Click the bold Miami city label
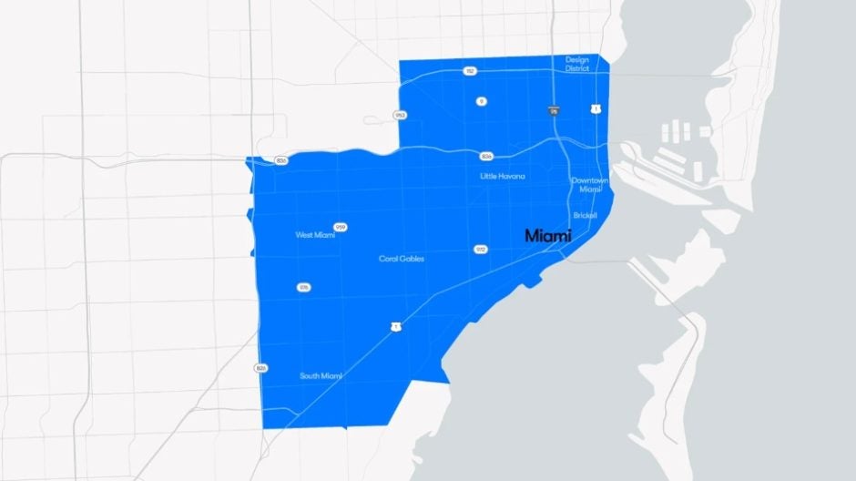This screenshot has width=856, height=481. coord(548,236)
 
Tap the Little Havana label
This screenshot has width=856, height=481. coord(503,176)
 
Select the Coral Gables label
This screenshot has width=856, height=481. coord(402,259)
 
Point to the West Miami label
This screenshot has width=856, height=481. coord(315,235)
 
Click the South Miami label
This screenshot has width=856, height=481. coord(321,375)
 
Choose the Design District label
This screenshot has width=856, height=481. coord(577,64)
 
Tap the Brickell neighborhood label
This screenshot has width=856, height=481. coord(586,216)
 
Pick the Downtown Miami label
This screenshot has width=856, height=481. coord(588,185)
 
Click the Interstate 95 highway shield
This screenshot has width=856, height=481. coord(554,110)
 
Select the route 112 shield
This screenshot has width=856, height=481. coord(470,70)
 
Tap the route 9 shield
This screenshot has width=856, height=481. coord(481,101)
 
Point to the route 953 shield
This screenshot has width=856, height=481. coord(400,115)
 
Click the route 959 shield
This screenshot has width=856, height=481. coord(341,227)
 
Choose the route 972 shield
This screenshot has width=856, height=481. coord(481,249)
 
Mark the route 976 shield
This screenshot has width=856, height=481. coord(303,287)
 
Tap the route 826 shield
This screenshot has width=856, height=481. coord(261,368)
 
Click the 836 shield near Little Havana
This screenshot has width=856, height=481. coord(487,156)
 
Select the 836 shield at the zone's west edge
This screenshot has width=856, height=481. coord(281,160)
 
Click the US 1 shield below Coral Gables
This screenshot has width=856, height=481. coord(395,325)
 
